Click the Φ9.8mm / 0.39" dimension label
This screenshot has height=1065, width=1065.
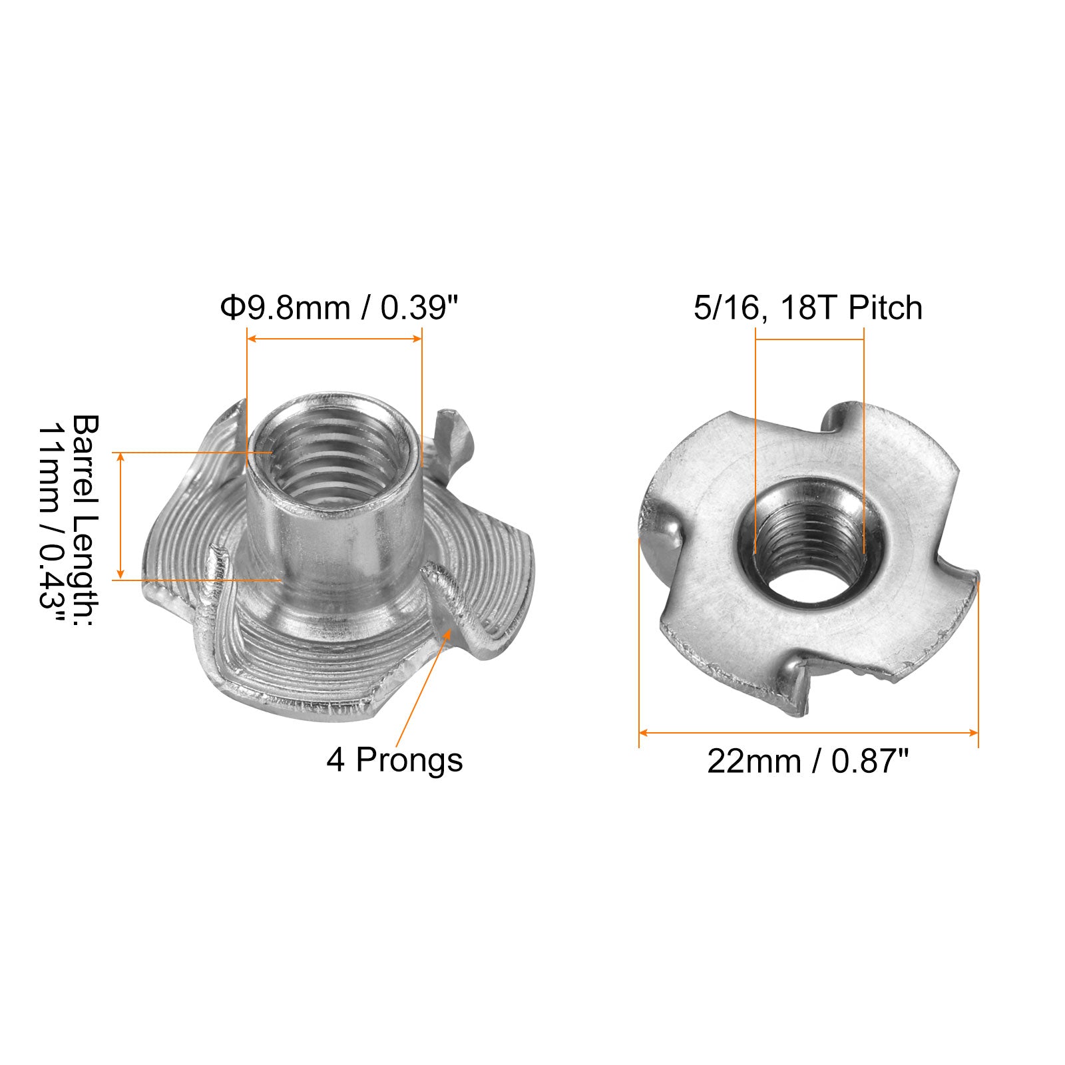coord(340,308)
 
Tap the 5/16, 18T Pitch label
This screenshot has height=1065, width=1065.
coord(808,308)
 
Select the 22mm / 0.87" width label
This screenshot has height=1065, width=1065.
coord(808,761)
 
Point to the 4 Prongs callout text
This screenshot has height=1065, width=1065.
coord(395,760)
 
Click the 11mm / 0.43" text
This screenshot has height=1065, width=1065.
coord(51,523)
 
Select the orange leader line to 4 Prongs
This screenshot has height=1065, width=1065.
coord(424,689)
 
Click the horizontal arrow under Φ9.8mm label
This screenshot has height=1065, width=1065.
coord(334,339)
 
